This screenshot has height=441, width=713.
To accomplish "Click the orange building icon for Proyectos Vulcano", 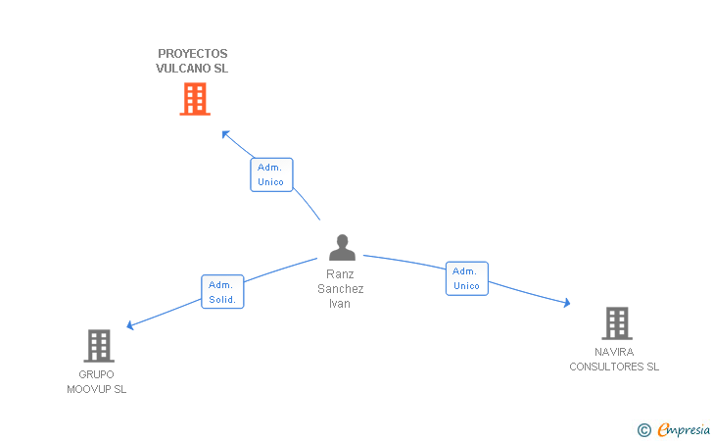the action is click(x=195, y=99).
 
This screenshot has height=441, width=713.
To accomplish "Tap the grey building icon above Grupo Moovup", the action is click(x=99, y=346).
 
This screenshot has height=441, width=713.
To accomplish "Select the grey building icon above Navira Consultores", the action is click(x=617, y=323).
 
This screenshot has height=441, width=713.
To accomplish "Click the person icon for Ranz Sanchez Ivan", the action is click(x=342, y=248).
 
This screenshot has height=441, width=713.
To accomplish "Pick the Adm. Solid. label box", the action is click(x=222, y=292).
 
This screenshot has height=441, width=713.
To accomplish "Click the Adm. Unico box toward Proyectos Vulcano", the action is click(x=271, y=174).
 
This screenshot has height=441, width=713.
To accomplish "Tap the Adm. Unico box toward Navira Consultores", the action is click(x=467, y=278).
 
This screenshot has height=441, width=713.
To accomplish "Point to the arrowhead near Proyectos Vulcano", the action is click(x=225, y=134).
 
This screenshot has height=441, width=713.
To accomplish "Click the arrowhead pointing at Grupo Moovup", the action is click(x=129, y=325).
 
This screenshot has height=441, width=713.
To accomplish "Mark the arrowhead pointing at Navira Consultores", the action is click(x=567, y=303).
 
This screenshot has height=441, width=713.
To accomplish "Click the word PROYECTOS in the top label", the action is click(x=193, y=54).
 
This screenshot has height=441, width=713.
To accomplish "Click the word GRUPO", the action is click(x=96, y=374).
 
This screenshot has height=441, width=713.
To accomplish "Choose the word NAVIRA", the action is click(x=614, y=352).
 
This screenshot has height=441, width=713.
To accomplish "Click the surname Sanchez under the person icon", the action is click(x=341, y=289).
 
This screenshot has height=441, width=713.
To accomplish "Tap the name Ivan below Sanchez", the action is click(x=340, y=304).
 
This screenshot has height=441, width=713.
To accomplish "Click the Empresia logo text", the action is click(x=684, y=429).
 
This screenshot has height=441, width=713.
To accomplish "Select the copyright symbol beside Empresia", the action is click(x=644, y=430).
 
